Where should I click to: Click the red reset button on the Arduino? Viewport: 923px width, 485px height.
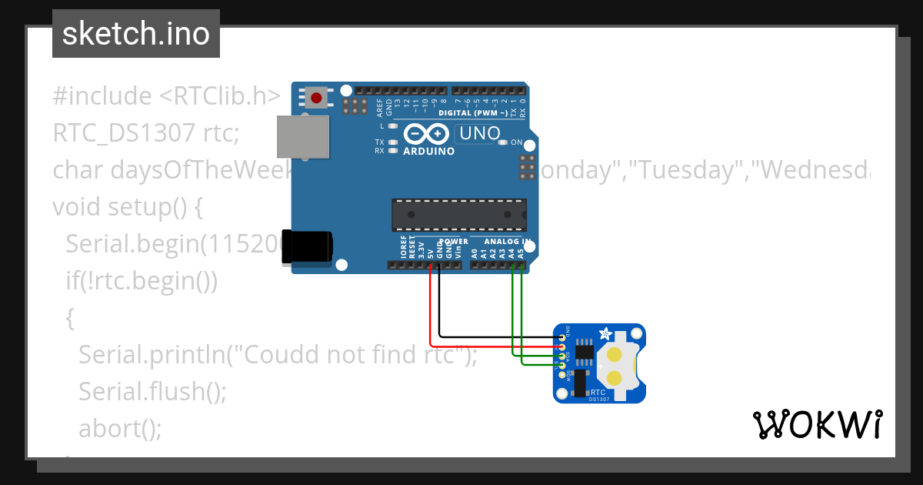(x=316, y=98)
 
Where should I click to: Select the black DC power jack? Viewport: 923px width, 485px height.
(x=308, y=246)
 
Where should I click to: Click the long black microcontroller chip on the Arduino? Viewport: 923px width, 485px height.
(x=459, y=215)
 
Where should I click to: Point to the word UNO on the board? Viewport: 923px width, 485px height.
(x=478, y=134)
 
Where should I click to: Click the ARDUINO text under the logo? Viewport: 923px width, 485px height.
(x=428, y=152)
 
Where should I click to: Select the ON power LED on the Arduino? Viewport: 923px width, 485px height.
(x=503, y=142)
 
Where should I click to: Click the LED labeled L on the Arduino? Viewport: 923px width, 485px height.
(x=392, y=125)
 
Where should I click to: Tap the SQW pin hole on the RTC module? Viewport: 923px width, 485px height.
(x=562, y=375)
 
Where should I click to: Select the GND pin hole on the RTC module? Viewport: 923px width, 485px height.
(x=562, y=337)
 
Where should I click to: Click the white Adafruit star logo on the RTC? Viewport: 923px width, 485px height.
(x=605, y=335)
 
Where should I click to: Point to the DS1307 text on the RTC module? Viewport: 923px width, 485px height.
(x=599, y=399)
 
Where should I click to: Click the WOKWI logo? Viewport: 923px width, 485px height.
(x=817, y=424)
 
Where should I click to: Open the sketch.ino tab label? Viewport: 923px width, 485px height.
(x=136, y=34)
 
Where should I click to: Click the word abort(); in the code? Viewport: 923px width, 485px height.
(x=120, y=427)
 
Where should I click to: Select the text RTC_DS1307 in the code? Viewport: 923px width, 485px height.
(x=124, y=133)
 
